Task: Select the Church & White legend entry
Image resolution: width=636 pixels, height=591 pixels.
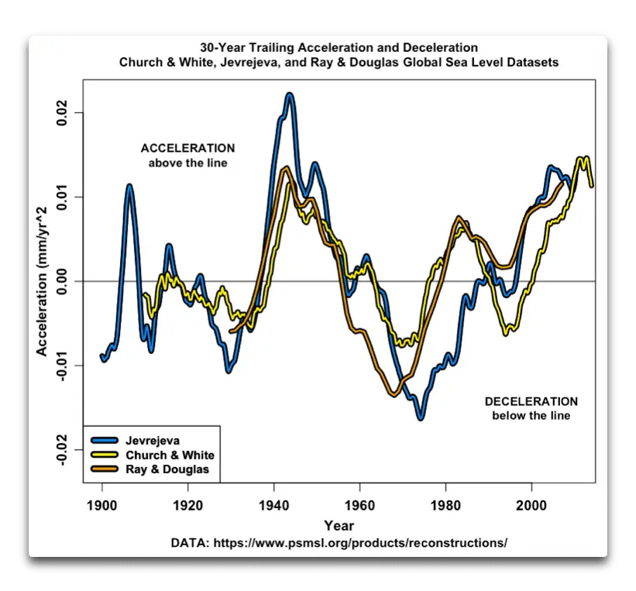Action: coord(170,455)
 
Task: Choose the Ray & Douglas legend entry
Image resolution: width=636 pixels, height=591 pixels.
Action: coord(167,469)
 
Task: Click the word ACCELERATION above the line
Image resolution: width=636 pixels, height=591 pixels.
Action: coord(187,148)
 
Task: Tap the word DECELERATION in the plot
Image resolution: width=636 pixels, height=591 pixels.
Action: coord(531,401)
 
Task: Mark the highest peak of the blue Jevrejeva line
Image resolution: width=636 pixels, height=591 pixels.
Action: coord(290,94)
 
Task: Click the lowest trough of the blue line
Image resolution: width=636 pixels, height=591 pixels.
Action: coord(421,418)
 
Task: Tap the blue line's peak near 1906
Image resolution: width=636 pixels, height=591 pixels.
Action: coord(129,186)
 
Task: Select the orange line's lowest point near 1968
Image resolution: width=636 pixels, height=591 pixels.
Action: coord(394,394)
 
